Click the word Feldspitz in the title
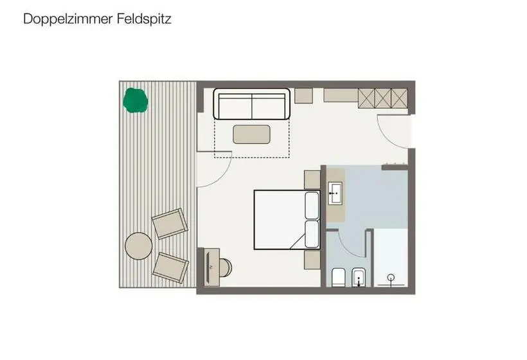click(x=144, y=19)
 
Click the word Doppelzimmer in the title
click(x=68, y=19)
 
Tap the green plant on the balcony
click(x=136, y=100)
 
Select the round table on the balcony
click(x=138, y=246)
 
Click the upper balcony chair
click(x=170, y=224)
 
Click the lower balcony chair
click(x=170, y=268)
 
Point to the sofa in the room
click(x=252, y=104)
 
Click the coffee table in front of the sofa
click(x=252, y=134)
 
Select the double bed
click(x=287, y=220)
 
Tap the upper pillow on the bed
click(x=312, y=205)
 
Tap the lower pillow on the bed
click(x=312, y=234)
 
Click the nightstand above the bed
click(x=312, y=179)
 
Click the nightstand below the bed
click(x=312, y=260)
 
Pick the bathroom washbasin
click(x=335, y=194)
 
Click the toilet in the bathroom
click(x=339, y=278)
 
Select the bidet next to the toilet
click(x=359, y=278)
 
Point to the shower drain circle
click(x=391, y=278)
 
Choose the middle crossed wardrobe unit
click(x=383, y=98)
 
